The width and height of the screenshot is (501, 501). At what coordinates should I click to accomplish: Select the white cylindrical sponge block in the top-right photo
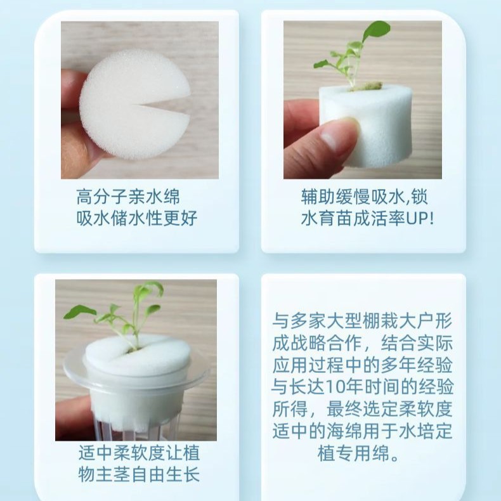[371, 127]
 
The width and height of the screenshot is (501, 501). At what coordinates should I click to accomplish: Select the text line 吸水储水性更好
[136, 219]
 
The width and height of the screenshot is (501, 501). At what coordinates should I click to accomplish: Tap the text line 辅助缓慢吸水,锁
[364, 196]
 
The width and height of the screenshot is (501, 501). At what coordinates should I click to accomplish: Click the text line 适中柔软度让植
[139, 453]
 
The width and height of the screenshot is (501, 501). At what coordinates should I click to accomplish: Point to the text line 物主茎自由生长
[139, 475]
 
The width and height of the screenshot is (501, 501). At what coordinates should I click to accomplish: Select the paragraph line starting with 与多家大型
[363, 320]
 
